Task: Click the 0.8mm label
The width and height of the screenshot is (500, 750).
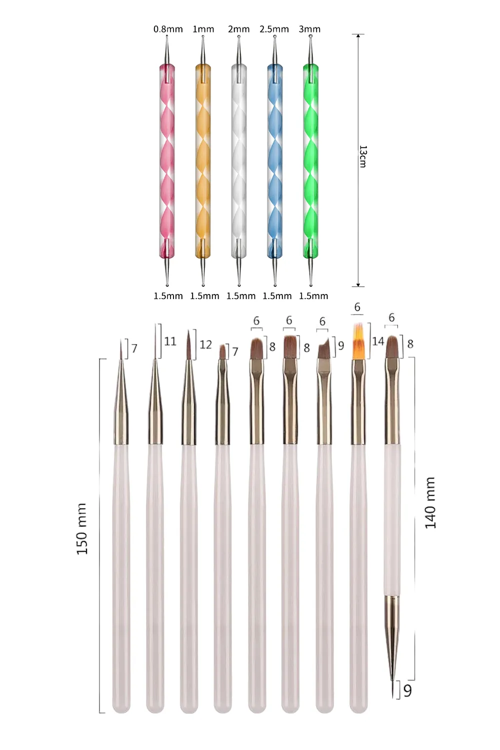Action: click(168, 29)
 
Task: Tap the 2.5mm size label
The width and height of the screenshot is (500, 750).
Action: click(274, 29)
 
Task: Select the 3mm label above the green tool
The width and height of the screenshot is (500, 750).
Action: click(309, 29)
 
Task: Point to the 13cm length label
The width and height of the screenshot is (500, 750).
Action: click(363, 156)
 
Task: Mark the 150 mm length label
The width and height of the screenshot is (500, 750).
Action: click(82, 528)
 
